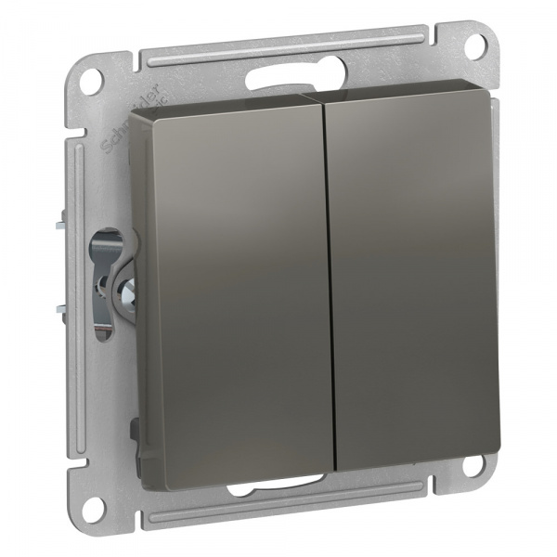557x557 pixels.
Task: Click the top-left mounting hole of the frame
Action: pyautogui.click(x=91, y=79)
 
